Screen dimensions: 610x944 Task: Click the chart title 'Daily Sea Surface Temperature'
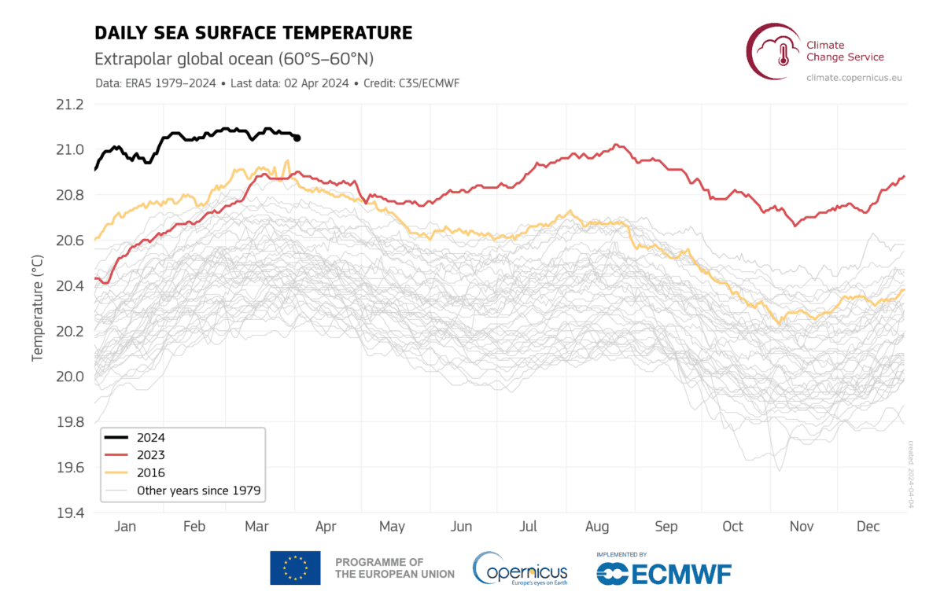(x=253, y=33)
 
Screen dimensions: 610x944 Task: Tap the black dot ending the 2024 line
(x=297, y=138)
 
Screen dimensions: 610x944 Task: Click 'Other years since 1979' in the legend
(x=198, y=491)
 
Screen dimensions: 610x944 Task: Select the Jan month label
(x=125, y=527)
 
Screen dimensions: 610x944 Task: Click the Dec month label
(x=868, y=527)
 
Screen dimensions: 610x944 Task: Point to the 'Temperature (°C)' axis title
(x=36, y=307)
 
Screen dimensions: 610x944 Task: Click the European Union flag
(x=295, y=568)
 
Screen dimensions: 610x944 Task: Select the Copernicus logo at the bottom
(x=520, y=568)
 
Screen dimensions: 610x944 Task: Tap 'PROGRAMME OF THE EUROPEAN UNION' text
(x=394, y=568)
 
